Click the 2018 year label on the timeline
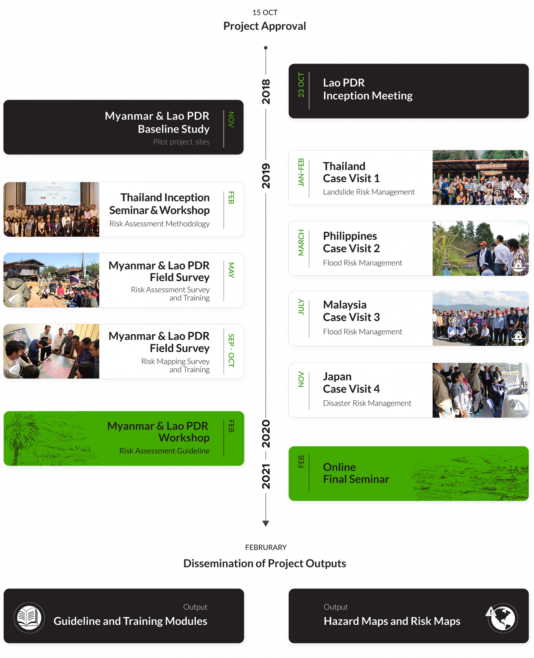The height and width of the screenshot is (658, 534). point(266,91)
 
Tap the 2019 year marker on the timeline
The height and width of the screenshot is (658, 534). point(266,176)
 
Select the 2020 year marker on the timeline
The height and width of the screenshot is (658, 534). point(266,433)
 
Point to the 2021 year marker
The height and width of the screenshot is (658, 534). point(266,476)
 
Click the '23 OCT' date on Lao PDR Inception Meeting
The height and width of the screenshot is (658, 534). point(301,85)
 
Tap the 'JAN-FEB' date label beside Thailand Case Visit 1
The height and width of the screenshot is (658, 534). point(301,172)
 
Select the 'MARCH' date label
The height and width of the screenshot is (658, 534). point(301,243)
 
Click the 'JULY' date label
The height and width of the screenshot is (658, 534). point(301,307)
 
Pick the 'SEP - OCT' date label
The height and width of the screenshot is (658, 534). point(231,350)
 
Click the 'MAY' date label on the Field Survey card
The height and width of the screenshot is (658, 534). point(231,270)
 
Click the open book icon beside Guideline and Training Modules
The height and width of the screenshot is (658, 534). point(29,618)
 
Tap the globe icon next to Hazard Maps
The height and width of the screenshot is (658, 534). point(503,618)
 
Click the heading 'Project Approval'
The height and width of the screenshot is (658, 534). point(265,26)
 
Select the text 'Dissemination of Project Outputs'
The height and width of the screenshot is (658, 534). point(265,563)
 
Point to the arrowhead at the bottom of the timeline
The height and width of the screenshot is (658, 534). point(266,523)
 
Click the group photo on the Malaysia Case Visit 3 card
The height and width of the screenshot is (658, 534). point(480,318)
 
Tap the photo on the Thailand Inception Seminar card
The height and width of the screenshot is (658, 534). point(51,209)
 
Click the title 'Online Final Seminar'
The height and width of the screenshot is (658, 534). point(356,473)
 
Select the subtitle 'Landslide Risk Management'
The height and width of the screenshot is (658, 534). point(368,192)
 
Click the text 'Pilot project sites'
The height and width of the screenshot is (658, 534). point(181,142)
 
